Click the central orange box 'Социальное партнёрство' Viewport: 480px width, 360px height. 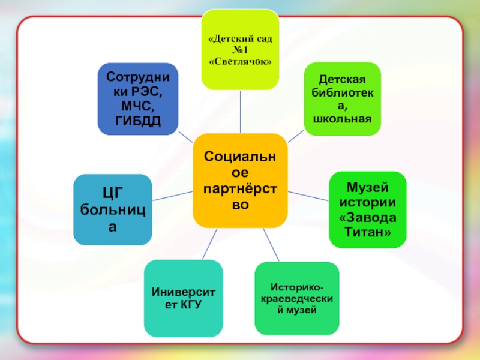tap(239, 180)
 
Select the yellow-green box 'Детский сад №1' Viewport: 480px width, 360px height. tap(240, 50)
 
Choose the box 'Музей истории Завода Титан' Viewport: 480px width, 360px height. tap(367, 209)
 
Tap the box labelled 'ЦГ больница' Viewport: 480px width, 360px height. tap(112, 209)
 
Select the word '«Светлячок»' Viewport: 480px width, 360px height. tap(241, 62)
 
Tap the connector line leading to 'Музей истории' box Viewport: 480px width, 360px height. tap(308, 196)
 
